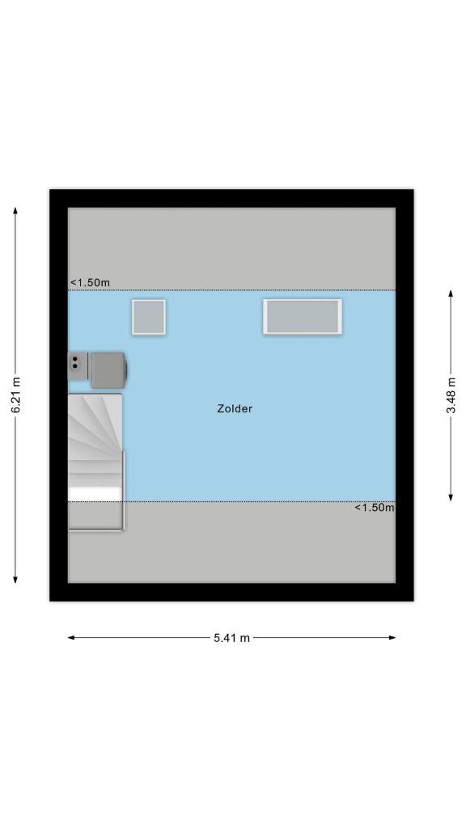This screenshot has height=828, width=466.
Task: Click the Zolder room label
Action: click(x=235, y=408)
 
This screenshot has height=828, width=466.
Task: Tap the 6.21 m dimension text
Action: click(x=15, y=395)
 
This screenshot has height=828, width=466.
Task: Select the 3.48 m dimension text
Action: click(x=451, y=395)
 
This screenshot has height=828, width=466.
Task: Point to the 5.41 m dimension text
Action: click(x=231, y=638)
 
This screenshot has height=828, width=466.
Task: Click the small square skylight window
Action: click(x=149, y=317)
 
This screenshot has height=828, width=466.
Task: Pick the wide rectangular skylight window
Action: click(x=303, y=317)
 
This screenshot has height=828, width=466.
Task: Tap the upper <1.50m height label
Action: click(x=90, y=283)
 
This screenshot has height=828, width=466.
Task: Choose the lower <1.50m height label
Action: click(x=375, y=508)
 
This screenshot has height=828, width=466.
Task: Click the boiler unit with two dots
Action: click(x=78, y=366)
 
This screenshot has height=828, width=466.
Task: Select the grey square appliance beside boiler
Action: click(x=108, y=370)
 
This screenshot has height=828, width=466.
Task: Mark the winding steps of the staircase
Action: click(x=95, y=427)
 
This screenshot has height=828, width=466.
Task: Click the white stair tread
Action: click(x=95, y=494)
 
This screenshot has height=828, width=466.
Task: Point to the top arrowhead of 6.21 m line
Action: click(x=15, y=210)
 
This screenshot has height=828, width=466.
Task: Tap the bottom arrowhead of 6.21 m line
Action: click(x=15, y=580)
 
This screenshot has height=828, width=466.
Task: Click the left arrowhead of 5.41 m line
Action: click(x=71, y=638)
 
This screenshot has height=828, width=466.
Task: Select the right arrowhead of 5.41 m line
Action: click(x=392, y=638)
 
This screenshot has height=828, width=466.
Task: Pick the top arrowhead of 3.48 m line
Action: click(x=451, y=294)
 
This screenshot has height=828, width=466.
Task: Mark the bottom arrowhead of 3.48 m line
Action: click(x=451, y=497)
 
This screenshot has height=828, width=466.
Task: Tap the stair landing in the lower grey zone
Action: click(x=95, y=515)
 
